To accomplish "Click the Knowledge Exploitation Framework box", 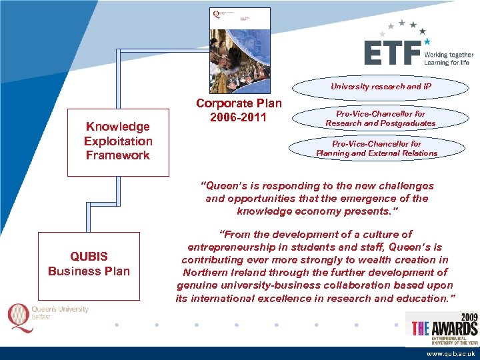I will [x=118, y=141].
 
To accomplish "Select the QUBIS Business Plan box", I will [x=89, y=263].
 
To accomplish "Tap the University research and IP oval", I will [x=381, y=87].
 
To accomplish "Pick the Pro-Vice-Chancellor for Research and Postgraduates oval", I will [x=380, y=119].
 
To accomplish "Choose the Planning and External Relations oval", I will [x=377, y=149].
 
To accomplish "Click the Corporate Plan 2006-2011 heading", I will [x=239, y=111].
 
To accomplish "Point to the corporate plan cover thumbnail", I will [x=239, y=51].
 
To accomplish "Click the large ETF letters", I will [x=393, y=53].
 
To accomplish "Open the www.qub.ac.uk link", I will [x=451, y=354].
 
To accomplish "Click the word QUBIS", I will [x=89, y=257].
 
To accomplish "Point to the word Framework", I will [x=118, y=155].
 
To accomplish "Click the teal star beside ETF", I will [x=427, y=41].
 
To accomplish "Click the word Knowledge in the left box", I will [x=118, y=127].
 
